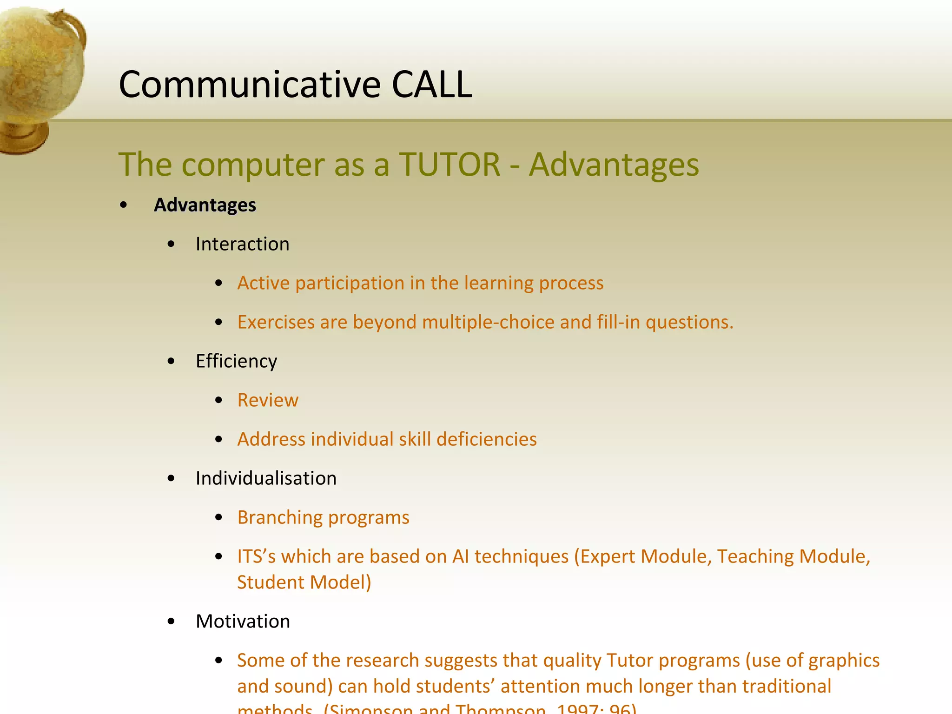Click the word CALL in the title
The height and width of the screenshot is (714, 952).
432,85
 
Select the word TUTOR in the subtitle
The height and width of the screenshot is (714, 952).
450,165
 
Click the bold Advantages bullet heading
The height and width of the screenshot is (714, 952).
205,205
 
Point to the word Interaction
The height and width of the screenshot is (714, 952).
242,244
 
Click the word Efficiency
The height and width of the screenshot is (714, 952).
236,361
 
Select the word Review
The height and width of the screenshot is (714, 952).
268,400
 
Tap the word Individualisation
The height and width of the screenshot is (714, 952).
266,478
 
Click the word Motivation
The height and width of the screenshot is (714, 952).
243,621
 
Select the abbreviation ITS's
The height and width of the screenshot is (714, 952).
256,556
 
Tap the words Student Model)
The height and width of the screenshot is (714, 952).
304,582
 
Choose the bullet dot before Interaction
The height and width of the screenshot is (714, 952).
171,244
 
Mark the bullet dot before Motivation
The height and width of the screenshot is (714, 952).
171,621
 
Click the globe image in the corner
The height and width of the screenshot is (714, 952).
40,74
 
